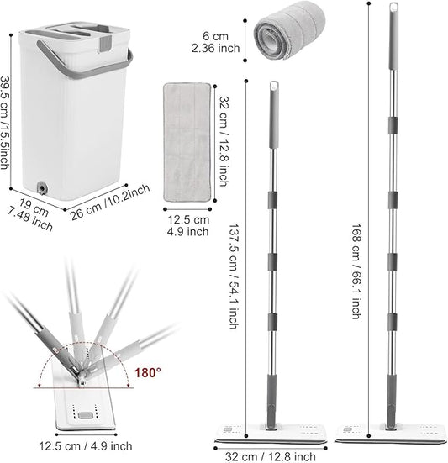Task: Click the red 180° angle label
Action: (148, 372)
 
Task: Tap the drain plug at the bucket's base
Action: (42, 187)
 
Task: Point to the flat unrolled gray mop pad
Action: (187, 142)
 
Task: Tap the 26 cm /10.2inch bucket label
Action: (109, 203)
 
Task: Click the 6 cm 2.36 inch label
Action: (215, 42)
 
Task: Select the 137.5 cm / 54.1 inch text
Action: (233, 276)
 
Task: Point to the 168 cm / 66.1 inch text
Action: (356, 271)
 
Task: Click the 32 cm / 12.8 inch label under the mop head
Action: (270, 457)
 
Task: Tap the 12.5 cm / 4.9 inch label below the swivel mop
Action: (86, 445)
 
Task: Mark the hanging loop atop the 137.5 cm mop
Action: (274, 87)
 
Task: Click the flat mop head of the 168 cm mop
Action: (389, 434)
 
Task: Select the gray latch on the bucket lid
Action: (106, 44)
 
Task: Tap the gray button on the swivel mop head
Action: (86, 415)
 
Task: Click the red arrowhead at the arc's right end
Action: (128, 384)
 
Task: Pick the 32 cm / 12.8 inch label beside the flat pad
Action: (224, 141)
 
